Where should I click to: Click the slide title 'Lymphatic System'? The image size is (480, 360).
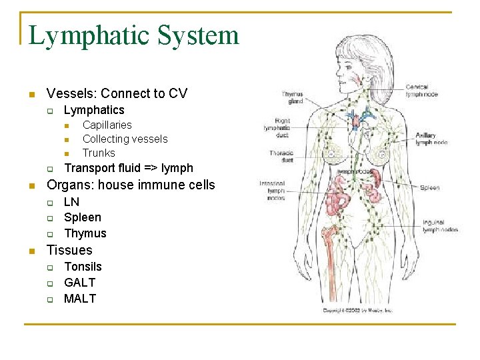pos(134,35)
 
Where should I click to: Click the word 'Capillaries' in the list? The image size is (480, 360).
pos(107,125)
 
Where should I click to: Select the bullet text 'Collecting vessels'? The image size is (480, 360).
pos(125,139)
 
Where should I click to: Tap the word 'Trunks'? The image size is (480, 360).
pos(99,153)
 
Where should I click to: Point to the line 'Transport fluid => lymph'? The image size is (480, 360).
pos(128,168)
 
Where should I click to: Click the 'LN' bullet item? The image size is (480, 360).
pos(71,201)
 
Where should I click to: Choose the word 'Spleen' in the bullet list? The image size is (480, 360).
pos(83,217)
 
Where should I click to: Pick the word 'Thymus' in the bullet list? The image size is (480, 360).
pos(85,233)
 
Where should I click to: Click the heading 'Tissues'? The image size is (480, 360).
pos(69,250)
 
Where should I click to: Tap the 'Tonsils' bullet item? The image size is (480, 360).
pos(83,267)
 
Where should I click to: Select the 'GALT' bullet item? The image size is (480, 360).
pos(79,283)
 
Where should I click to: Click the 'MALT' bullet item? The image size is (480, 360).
pos(79,299)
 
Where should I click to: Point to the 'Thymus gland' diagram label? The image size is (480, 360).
pos(292,98)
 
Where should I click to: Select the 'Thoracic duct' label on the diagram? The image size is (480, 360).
pos(281,157)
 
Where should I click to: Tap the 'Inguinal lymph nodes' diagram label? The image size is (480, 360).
pos(439,226)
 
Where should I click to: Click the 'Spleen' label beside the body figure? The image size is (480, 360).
pos(429,188)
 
